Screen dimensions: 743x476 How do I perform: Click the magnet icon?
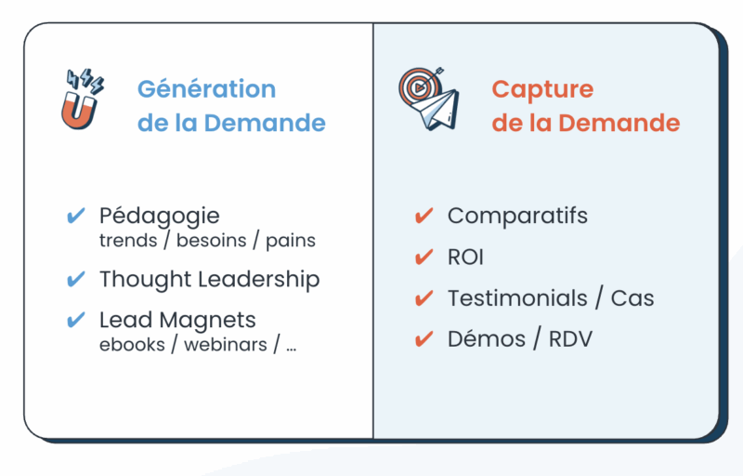coord(82,99)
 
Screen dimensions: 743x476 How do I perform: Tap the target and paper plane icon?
coord(429,99)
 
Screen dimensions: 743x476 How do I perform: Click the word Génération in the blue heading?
coord(206,89)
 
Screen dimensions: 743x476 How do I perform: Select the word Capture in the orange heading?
coord(542,90)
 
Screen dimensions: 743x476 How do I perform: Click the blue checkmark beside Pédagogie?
coord(76,216)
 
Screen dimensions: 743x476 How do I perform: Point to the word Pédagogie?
coord(159,217)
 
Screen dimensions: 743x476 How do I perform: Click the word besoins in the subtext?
coord(212,241)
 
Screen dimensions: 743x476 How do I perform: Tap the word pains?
coord(291,242)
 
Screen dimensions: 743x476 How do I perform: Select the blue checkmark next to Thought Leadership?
coord(76,279)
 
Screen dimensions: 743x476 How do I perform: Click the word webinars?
coord(226,345)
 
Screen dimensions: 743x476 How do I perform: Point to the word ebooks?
coord(132,345)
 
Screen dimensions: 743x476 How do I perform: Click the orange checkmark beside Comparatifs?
coord(424,216)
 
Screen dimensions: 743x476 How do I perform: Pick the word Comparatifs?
coord(517,217)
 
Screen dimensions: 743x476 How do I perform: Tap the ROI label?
coord(466,258)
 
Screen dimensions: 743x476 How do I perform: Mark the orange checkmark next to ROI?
coord(424,258)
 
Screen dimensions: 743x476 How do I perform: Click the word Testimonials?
coord(517,298)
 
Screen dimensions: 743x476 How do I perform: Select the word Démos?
coord(487,339)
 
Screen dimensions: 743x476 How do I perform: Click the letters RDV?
coord(570,339)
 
